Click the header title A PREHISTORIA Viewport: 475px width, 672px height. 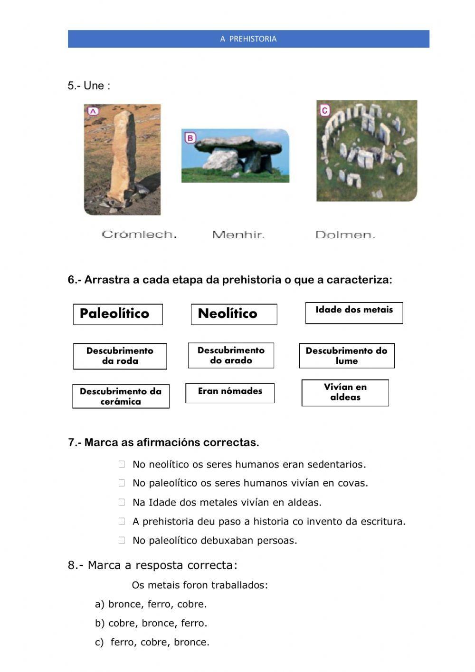(248, 39)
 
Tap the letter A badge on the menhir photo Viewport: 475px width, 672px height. (93, 111)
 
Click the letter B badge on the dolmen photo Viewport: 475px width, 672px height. (190, 138)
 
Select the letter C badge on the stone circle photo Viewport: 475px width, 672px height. (324, 111)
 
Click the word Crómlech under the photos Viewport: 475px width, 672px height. (139, 234)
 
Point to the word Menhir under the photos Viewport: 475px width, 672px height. (238, 235)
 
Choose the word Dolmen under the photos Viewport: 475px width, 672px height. (345, 235)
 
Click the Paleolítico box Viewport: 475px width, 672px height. (118, 314)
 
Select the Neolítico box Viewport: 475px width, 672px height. (234, 314)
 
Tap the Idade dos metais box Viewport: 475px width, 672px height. (354, 312)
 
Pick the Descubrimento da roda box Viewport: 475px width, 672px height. (120, 356)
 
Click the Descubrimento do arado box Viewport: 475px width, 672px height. (231, 355)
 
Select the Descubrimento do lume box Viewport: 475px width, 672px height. (346, 356)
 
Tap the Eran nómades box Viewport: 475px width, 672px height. (230, 393)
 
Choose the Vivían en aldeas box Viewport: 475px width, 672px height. (345, 392)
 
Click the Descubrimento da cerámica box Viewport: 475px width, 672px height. (121, 396)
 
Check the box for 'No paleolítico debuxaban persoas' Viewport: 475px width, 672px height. (122, 540)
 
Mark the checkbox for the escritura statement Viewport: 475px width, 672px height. (122, 521)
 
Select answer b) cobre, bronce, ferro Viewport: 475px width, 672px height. (151, 623)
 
